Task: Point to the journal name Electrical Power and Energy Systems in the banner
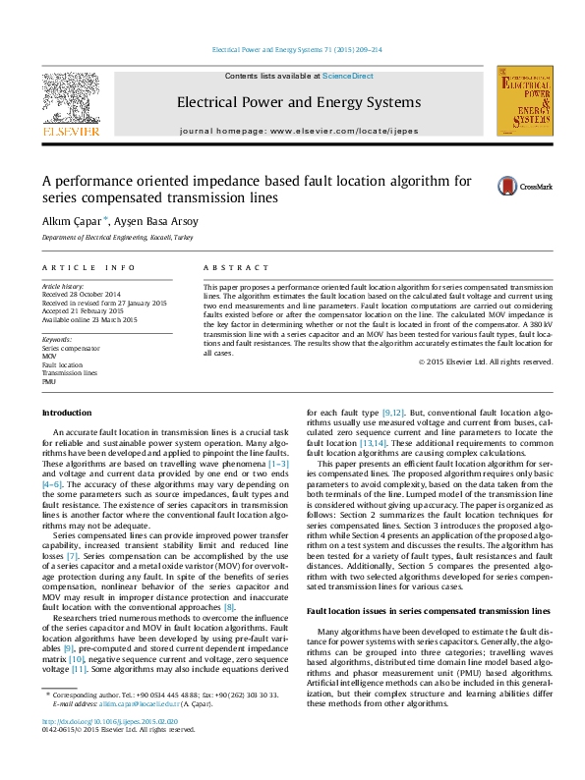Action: tap(298, 101)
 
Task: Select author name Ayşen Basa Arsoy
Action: tap(156, 220)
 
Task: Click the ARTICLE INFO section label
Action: tap(88, 267)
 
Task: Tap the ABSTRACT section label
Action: tap(235, 267)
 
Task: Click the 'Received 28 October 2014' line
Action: tap(82, 295)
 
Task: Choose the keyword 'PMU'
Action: tap(49, 381)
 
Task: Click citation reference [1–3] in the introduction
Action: tap(277, 461)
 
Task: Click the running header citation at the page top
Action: tap(298, 49)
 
